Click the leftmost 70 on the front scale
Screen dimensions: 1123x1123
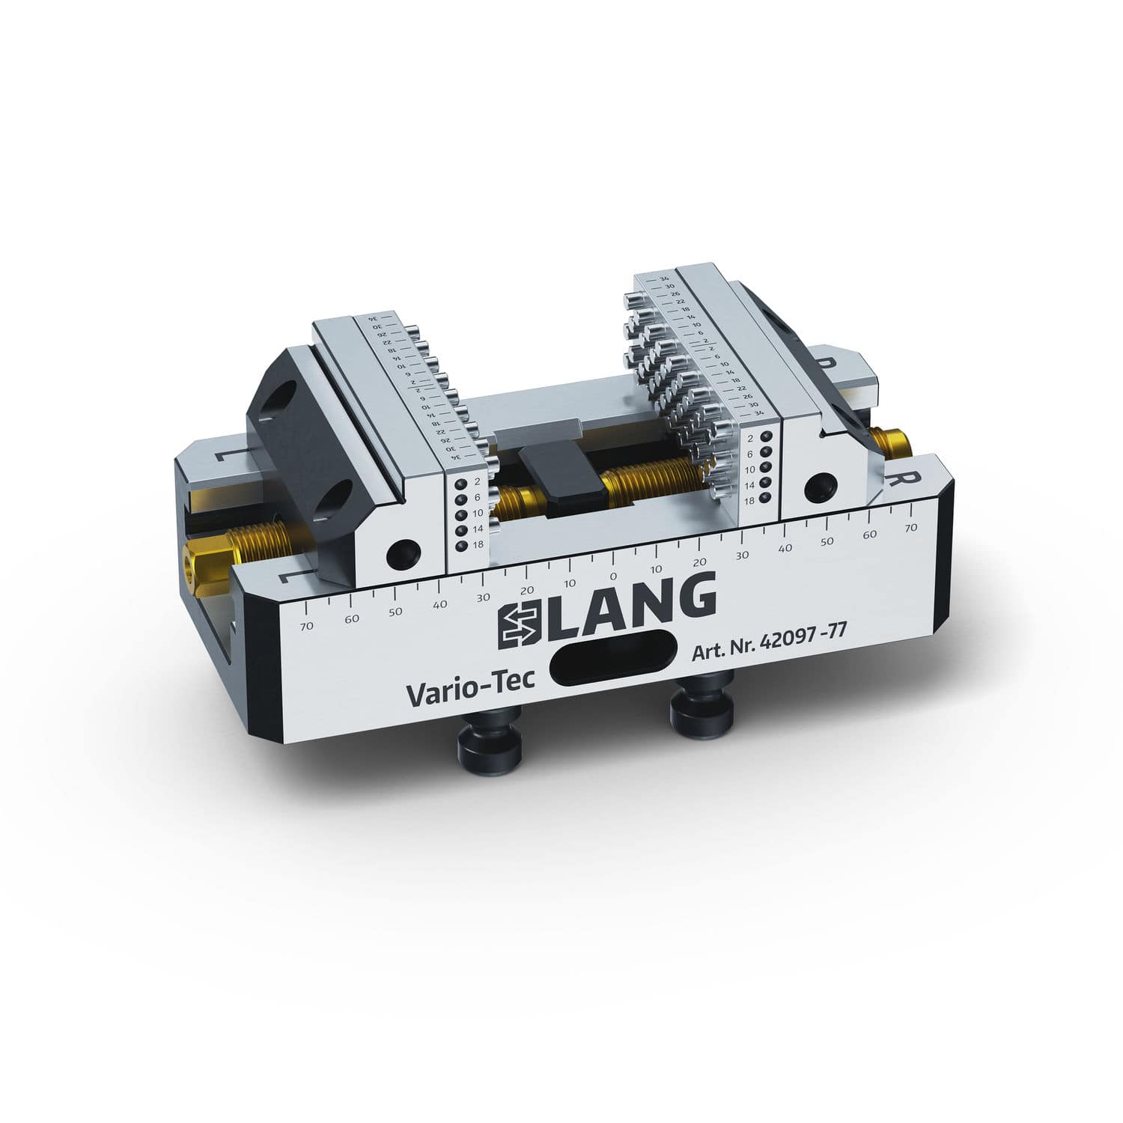[x=306, y=626]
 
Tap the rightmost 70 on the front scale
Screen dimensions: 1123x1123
[x=911, y=528]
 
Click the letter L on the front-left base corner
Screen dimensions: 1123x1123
[x=287, y=577]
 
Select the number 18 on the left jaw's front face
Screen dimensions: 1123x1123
[x=477, y=545]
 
